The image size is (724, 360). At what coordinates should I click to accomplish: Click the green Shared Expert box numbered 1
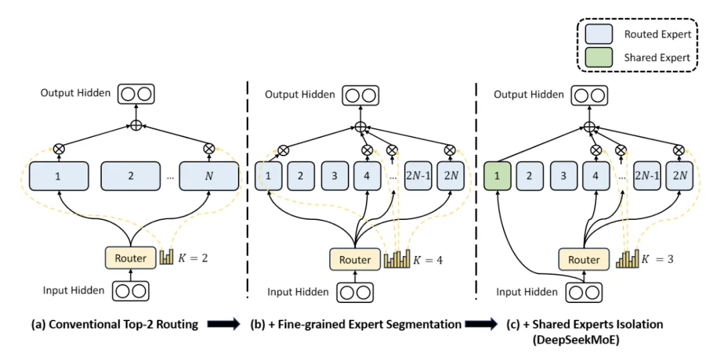click(x=497, y=176)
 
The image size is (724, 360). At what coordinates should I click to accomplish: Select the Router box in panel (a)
click(x=129, y=257)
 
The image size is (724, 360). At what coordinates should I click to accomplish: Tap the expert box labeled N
click(x=209, y=176)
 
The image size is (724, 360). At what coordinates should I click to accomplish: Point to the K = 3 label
click(x=658, y=259)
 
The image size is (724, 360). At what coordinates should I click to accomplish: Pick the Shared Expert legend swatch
click(x=599, y=57)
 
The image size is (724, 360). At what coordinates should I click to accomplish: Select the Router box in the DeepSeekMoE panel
click(x=584, y=259)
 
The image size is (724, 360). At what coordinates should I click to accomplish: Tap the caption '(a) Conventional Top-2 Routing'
click(x=115, y=324)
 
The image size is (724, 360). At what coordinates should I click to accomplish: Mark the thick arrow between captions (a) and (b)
click(x=224, y=325)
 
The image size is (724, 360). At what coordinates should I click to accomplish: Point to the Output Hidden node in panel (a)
click(x=135, y=93)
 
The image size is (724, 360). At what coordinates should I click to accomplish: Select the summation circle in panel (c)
click(x=589, y=126)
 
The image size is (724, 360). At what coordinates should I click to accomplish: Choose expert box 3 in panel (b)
click(x=334, y=176)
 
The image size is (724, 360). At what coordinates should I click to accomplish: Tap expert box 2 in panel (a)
click(x=130, y=176)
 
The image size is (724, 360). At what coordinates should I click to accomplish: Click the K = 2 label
click(x=194, y=257)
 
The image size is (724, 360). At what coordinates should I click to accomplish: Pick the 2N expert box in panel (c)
click(x=680, y=176)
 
